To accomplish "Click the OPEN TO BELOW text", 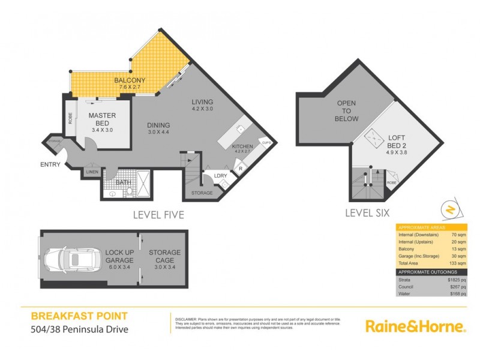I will [x=346, y=111].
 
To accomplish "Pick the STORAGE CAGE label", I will [x=164, y=257].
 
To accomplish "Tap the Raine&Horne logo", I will [x=415, y=326].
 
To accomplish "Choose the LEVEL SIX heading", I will [x=367, y=212].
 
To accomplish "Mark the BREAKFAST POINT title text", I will [x=79, y=316].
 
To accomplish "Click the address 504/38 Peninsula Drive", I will [x=79, y=329].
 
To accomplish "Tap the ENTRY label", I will [x=50, y=164].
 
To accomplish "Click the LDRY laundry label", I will [x=220, y=175].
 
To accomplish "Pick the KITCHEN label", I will [x=242, y=146].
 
